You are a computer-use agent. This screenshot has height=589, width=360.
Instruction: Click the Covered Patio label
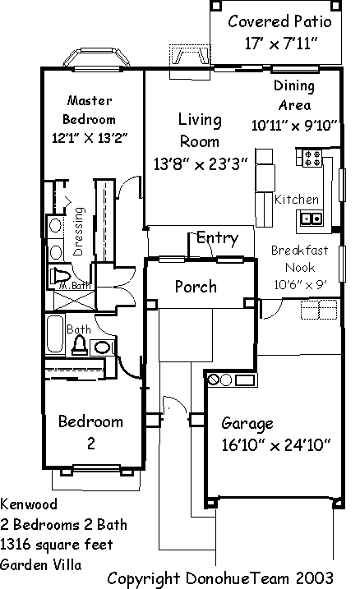[279, 21]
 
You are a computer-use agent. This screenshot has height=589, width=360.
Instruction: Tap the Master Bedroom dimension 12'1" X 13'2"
[90, 138]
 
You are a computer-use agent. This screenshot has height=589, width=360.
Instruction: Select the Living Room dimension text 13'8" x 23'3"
[201, 163]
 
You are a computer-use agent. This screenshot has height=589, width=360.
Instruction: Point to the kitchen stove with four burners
[312, 158]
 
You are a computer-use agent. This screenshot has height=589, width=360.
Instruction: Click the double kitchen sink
[312, 219]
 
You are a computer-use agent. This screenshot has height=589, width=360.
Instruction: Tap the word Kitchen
[297, 199]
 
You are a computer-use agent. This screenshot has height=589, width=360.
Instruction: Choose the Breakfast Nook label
[300, 259]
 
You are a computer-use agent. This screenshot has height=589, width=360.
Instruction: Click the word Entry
[218, 238]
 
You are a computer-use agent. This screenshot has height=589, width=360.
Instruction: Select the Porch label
[196, 287]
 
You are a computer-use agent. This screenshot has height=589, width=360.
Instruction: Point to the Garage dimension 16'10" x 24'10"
[276, 445]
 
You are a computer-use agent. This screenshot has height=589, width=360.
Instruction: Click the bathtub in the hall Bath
[55, 334]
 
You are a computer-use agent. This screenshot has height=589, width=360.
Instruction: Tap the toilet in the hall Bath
[80, 346]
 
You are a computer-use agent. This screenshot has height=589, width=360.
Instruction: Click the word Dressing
[78, 232]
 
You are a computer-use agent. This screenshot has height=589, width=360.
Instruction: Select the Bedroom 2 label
[91, 432]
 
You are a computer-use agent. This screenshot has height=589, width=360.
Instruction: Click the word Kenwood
[29, 504]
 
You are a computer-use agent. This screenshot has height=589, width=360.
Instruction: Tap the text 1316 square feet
[57, 545]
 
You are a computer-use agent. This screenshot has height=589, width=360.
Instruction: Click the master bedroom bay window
[97, 58]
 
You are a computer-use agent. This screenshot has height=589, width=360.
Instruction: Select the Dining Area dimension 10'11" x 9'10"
[294, 125]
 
